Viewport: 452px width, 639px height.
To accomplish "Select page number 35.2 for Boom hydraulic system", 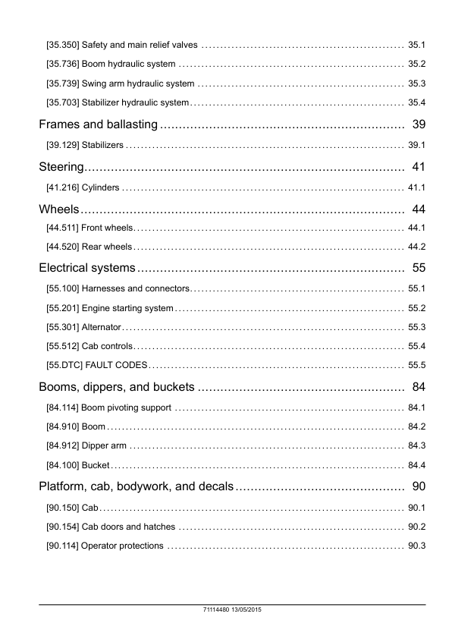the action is click(x=416, y=64).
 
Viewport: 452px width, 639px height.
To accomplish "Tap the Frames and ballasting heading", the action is click(x=98, y=124).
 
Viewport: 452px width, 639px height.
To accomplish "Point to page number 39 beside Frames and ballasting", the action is click(x=417, y=124).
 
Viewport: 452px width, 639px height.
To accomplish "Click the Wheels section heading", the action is click(x=59, y=209).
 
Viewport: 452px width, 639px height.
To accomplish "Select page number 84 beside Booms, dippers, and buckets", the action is click(x=417, y=387).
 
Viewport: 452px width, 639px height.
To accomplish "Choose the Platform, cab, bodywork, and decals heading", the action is click(x=136, y=486).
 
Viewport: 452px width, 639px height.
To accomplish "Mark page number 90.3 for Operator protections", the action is click(x=416, y=546).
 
